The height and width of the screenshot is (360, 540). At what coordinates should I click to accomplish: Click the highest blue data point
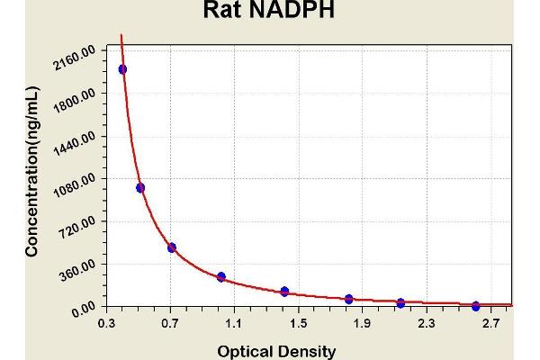point(122,69)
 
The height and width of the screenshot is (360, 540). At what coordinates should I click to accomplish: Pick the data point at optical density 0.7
point(172,247)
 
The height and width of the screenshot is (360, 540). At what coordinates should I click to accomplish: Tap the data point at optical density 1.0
point(221,276)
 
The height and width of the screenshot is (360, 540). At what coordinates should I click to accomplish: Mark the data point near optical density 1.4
point(284,292)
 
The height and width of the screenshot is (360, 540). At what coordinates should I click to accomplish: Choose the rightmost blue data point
point(476,306)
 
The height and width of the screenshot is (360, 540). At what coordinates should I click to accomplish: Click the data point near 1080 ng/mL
point(140,187)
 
